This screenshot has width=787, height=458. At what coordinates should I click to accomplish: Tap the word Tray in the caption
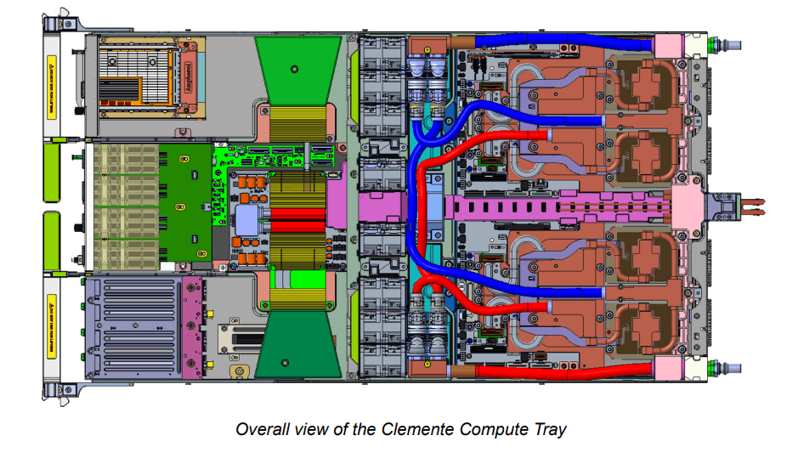tap(548, 429)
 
